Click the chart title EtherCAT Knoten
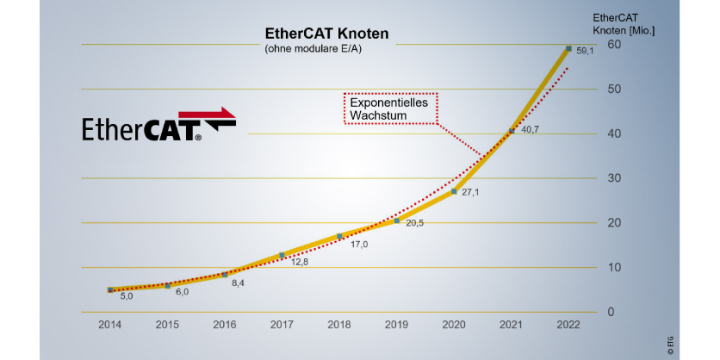(x=326, y=34)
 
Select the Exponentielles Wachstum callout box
(x=391, y=109)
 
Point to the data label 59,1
(x=585, y=52)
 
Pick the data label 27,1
(x=470, y=192)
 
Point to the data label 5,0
(x=126, y=296)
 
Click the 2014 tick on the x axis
(x=109, y=325)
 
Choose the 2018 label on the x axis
(x=339, y=325)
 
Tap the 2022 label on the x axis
(x=568, y=325)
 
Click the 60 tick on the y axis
(x=615, y=45)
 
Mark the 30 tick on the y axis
(x=615, y=178)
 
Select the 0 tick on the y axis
(x=611, y=312)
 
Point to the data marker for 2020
(x=454, y=191)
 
